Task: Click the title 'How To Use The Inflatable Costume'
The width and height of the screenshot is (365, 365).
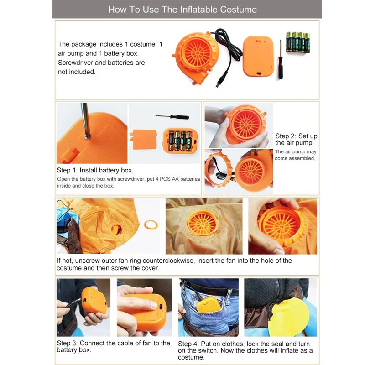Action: [x=182, y=10]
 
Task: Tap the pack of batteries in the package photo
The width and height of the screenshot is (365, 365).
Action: [x=298, y=42]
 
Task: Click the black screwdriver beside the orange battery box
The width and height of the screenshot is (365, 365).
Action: [x=281, y=60]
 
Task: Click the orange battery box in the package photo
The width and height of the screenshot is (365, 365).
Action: [x=258, y=56]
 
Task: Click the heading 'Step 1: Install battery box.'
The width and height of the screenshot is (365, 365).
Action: [x=95, y=170]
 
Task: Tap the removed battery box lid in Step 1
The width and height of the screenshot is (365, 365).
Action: [x=143, y=140]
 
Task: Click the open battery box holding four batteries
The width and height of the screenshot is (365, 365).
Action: [x=180, y=141]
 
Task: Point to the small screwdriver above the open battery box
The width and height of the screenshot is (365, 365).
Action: [x=172, y=117]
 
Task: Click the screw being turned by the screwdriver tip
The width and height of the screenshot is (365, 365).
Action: [x=87, y=137]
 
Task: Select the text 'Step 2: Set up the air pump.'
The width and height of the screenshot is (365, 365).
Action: [x=296, y=139]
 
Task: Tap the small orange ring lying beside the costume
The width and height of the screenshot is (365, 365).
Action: [x=151, y=225]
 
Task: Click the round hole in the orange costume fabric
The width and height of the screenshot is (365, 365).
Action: [x=116, y=229]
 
